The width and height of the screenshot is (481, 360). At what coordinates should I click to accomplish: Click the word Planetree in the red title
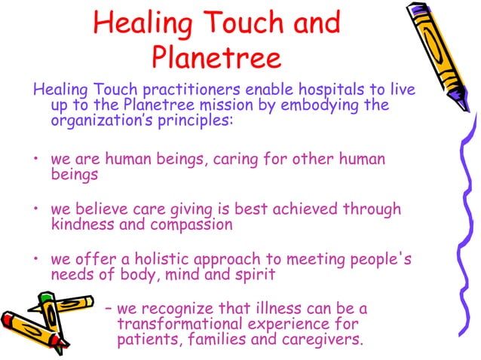216,57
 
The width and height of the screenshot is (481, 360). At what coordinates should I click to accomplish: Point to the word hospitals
341,90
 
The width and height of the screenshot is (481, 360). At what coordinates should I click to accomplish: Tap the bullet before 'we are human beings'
35,161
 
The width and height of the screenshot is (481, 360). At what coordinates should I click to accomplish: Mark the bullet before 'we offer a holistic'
35,261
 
